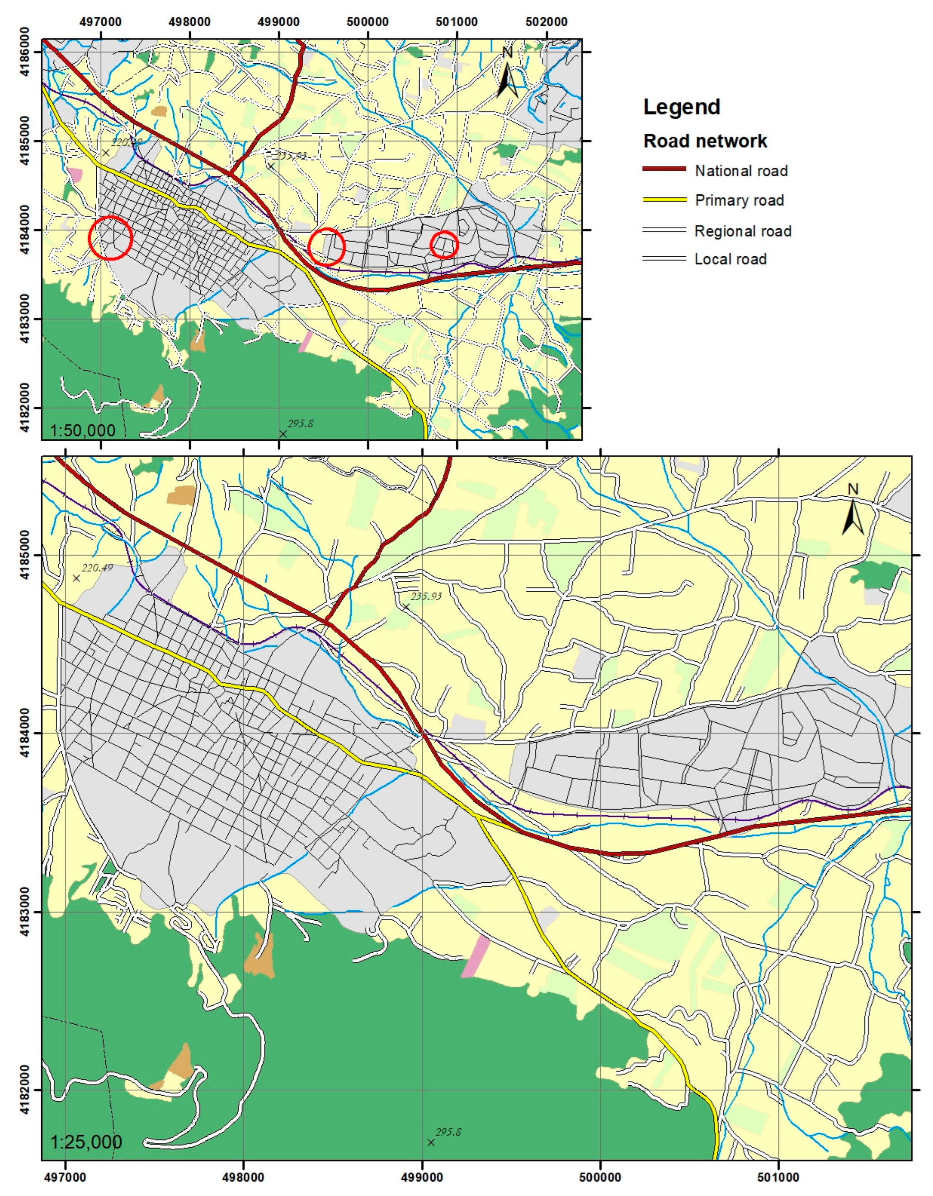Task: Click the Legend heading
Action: pos(681,107)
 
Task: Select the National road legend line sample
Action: pos(664,169)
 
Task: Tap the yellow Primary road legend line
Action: pos(664,200)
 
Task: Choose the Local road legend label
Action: pos(730,259)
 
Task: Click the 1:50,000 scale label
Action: pos(83,430)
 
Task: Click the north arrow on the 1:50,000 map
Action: pos(508,77)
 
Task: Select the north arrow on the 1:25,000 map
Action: pos(853,510)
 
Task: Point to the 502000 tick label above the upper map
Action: pos(546,22)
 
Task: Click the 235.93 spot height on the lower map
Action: pos(425,596)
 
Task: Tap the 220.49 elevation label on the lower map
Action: pos(97,568)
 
